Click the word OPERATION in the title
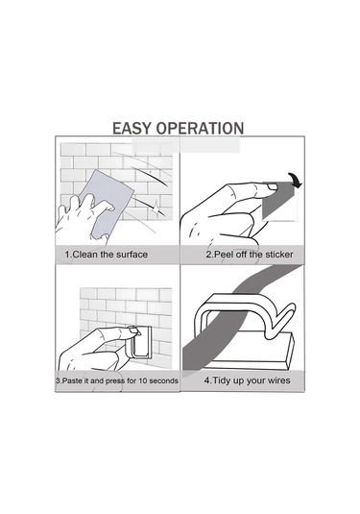point(200,128)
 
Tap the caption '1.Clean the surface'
point(107,255)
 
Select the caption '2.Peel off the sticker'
point(250,255)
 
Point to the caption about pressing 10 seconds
point(117,380)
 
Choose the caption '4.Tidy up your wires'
point(247,380)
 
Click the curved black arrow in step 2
point(295,180)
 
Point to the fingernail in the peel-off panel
point(272,186)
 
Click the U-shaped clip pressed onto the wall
point(141,342)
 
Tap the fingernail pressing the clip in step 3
point(134,330)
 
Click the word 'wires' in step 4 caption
point(278,380)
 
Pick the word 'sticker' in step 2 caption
point(279,255)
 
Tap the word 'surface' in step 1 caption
point(132,255)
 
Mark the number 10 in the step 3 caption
point(143,380)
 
